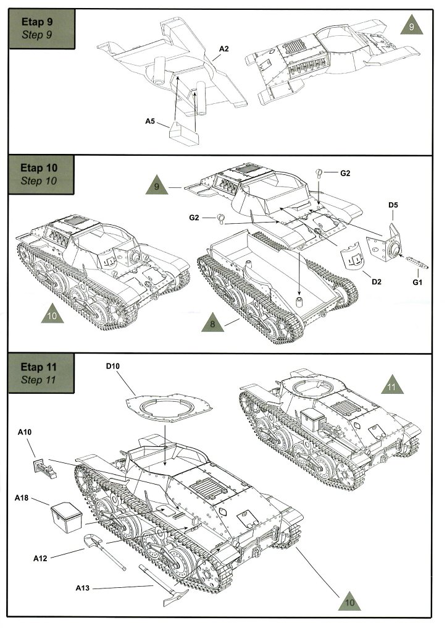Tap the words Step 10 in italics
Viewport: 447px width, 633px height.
(39, 181)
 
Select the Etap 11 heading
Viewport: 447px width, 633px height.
(38, 367)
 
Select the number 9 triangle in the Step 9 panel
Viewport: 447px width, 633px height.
(411, 27)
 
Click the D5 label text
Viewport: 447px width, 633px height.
(393, 205)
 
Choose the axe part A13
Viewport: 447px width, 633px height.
(160, 584)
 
